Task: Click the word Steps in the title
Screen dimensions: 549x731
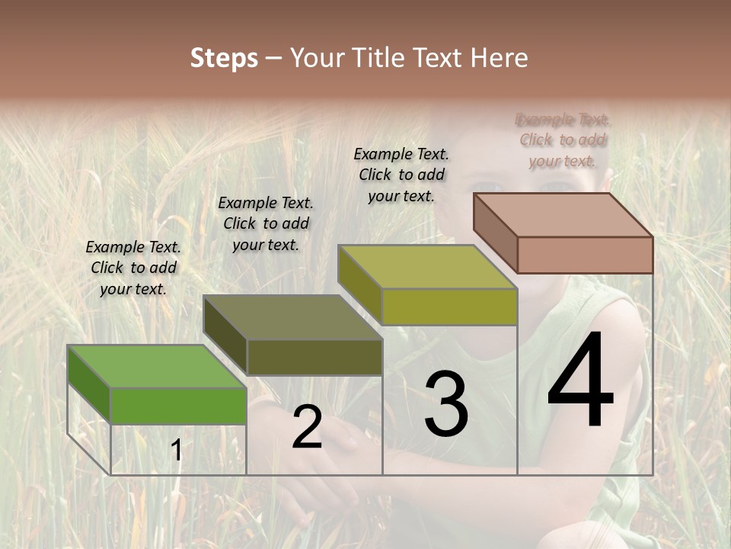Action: point(224,58)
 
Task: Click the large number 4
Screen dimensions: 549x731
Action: point(580,381)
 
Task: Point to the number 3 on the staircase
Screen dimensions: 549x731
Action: point(445,404)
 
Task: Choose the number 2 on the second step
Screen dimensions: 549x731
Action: point(307,427)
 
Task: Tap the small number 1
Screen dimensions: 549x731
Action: point(177,451)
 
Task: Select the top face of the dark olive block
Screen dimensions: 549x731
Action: point(292,316)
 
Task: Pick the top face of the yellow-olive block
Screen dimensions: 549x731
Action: point(427,267)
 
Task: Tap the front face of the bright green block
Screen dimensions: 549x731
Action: point(178,406)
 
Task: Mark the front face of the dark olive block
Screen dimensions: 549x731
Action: point(314,357)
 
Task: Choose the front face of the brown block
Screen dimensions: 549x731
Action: point(585,255)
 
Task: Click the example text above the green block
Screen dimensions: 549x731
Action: point(133,268)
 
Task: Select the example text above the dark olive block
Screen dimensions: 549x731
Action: point(266,223)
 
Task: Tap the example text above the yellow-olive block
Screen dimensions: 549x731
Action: point(401,175)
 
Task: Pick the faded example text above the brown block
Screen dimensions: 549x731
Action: point(563,140)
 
